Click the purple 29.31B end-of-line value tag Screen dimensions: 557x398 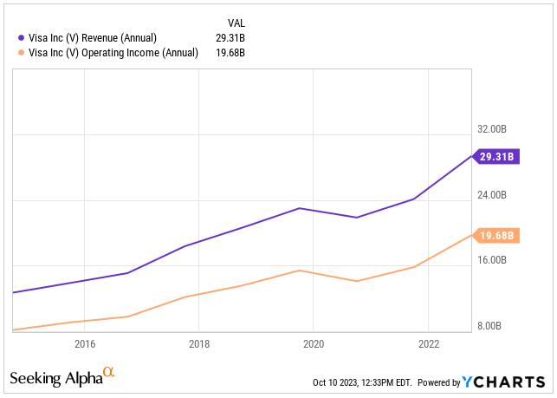pos(495,156)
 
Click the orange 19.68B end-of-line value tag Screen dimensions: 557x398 pos(495,236)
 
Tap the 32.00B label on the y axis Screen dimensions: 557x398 pos(492,128)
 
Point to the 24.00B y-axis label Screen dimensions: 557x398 pos(492,195)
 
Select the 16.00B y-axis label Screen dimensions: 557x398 pos(492,260)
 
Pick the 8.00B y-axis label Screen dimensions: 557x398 pos(489,326)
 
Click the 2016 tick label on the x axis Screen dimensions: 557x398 pos(85,344)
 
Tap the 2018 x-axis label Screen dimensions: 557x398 pos(199,344)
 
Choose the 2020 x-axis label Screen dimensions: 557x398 pos(314,344)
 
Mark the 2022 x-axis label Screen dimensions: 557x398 pos(429,344)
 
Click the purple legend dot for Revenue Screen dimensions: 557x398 pos(22,37)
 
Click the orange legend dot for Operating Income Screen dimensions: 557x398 pos(22,53)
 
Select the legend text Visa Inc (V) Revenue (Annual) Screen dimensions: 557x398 pos(93,38)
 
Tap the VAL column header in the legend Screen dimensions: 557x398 pos(236,23)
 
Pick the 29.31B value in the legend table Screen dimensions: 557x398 pos(230,38)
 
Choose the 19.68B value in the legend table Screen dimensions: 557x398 pos(230,53)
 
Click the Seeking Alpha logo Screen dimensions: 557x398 pos(62,377)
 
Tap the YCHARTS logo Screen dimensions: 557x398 pos(503,382)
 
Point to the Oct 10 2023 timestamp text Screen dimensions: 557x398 pos(362,382)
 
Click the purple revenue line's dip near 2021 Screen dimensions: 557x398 pos(357,218)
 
